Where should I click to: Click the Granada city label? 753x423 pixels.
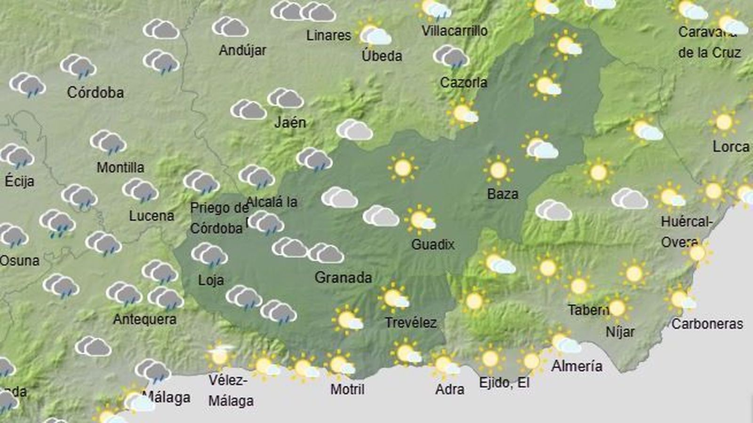coord(343,277)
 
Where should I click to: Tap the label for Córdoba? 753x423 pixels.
coord(96,92)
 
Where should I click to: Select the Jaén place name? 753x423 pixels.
coord(290,123)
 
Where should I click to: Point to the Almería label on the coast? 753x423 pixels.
coord(577,366)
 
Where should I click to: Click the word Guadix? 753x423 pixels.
coord(433,244)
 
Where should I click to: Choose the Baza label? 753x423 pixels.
coord(503,194)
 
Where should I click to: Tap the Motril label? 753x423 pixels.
coord(347,389)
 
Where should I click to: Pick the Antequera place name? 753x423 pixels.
coord(144,320)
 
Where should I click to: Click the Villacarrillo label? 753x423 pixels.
coord(454,31)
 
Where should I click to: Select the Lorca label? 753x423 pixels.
coord(730,147)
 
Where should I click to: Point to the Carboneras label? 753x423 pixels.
coord(707,324)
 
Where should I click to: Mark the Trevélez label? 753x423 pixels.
coord(410,322)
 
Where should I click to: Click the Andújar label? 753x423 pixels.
coord(242,50)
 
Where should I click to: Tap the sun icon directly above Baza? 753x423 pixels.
coord(498,170)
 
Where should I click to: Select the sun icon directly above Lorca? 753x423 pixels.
coord(724,122)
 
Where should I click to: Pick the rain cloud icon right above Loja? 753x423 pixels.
coord(209,255)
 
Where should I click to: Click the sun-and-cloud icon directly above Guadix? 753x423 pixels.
coord(420,219)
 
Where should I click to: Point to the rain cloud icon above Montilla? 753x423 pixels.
coord(108,142)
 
